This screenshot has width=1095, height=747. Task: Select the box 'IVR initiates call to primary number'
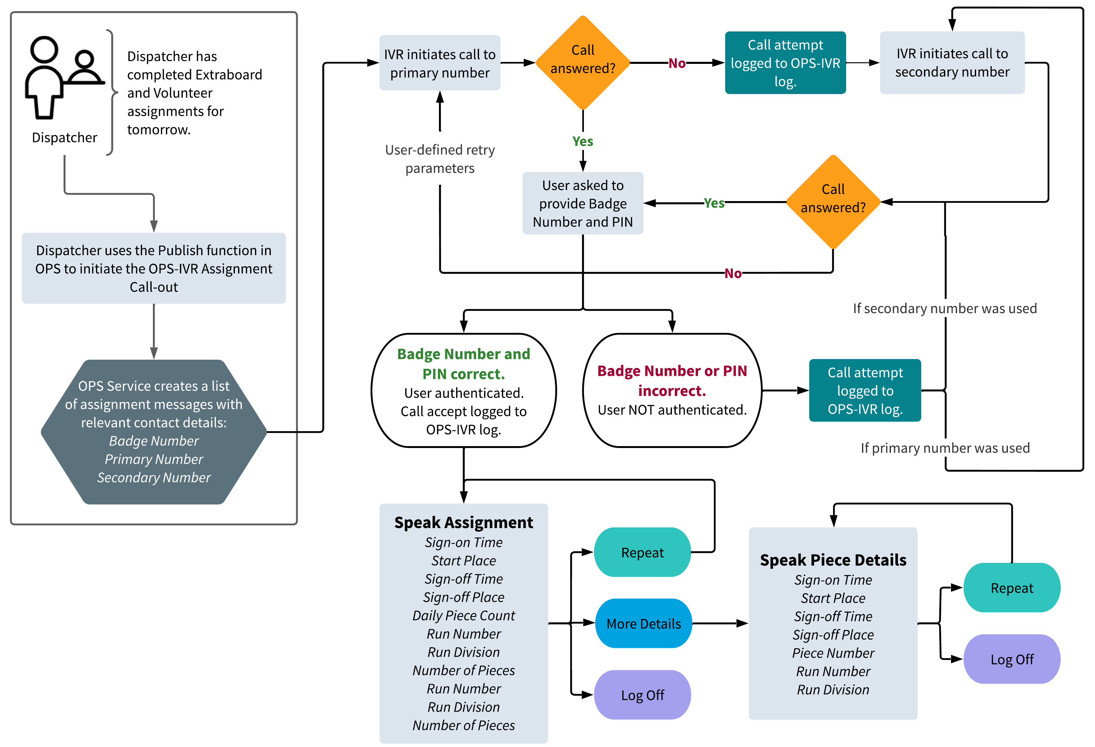[x=440, y=63]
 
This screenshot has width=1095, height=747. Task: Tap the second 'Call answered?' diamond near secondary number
[x=833, y=201]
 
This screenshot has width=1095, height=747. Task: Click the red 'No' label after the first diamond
[x=677, y=63]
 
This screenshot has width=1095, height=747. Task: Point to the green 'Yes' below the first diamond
[x=583, y=141]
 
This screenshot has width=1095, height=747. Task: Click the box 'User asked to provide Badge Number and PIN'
[x=583, y=203]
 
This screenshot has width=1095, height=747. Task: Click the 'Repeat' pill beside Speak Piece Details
[x=1012, y=588]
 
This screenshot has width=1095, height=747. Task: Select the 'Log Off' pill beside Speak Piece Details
[x=1012, y=659]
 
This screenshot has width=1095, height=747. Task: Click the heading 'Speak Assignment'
[x=464, y=522]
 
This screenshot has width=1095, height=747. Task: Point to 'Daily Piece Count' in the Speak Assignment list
[x=464, y=615]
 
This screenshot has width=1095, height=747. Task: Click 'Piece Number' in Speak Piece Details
[x=833, y=653]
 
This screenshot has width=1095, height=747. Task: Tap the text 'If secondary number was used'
[x=945, y=309]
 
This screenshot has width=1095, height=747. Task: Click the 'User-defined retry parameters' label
[x=440, y=159]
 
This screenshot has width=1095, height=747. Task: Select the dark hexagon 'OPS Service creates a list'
[x=154, y=432]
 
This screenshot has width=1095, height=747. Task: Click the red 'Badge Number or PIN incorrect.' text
[x=672, y=381]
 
